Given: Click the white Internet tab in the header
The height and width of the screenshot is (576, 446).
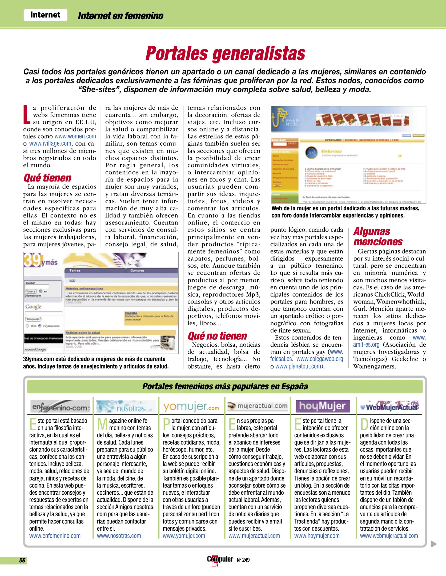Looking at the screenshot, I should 45,15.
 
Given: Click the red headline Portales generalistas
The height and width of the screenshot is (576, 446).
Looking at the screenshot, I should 225,53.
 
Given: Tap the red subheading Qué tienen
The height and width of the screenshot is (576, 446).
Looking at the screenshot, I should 47,178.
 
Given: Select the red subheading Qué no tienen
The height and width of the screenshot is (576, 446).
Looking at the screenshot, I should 217,336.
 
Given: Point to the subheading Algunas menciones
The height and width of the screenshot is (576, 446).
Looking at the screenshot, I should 378,237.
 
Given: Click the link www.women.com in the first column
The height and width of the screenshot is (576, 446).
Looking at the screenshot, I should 75,136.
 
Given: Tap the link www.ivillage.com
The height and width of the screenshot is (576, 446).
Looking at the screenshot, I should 50,143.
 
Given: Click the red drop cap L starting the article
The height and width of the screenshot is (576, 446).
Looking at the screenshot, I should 26,115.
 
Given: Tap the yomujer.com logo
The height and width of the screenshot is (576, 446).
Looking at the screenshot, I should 191,407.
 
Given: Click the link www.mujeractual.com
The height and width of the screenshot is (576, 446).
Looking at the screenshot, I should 254,536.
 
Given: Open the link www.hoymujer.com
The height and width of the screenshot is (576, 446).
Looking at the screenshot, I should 317,536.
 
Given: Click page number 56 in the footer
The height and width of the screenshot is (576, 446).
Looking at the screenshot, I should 22,560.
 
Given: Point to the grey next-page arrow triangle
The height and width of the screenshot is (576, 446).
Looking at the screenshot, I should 433,544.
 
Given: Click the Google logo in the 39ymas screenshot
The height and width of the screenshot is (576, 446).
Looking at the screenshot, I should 34,307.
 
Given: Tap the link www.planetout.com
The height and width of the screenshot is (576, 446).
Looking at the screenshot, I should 298,366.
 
